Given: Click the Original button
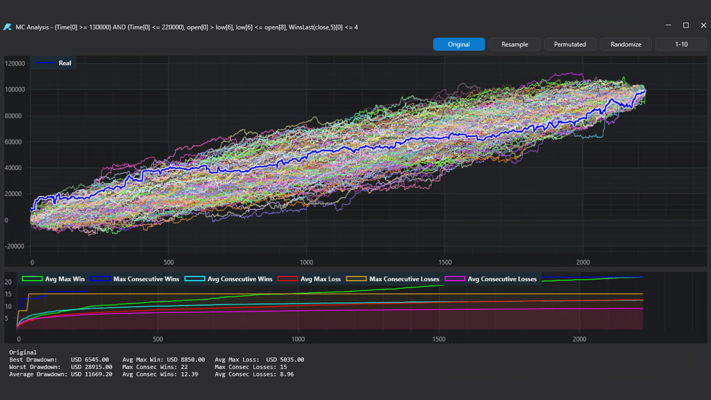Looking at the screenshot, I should (459, 44).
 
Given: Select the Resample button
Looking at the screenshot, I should (514, 44).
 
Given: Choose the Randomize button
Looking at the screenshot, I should (625, 44).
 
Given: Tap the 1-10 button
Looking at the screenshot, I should (681, 44).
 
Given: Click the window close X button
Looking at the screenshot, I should (703, 26).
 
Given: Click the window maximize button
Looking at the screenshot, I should (686, 26).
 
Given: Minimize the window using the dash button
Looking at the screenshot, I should (669, 26).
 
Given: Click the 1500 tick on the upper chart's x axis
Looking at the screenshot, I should (445, 262).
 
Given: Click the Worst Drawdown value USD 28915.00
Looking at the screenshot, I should (92, 367).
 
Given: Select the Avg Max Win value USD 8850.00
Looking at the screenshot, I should (186, 360).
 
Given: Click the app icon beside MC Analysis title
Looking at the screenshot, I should (7, 27).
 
